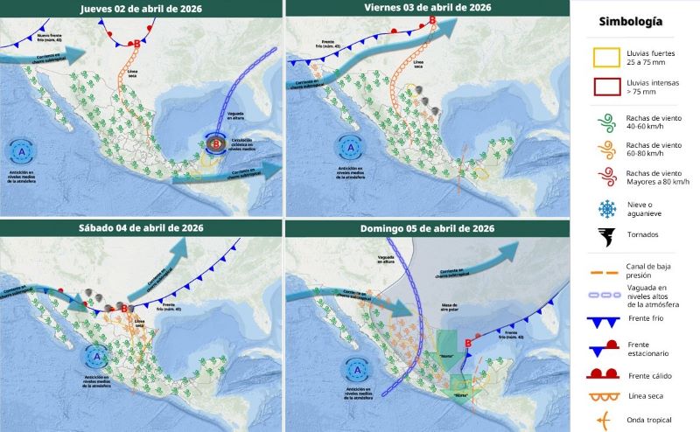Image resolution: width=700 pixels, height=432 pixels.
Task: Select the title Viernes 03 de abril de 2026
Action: point(427,8)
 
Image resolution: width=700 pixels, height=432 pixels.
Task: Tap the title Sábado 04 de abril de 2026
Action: point(142,227)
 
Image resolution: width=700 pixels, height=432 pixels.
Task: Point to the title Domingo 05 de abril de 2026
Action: point(427,227)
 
